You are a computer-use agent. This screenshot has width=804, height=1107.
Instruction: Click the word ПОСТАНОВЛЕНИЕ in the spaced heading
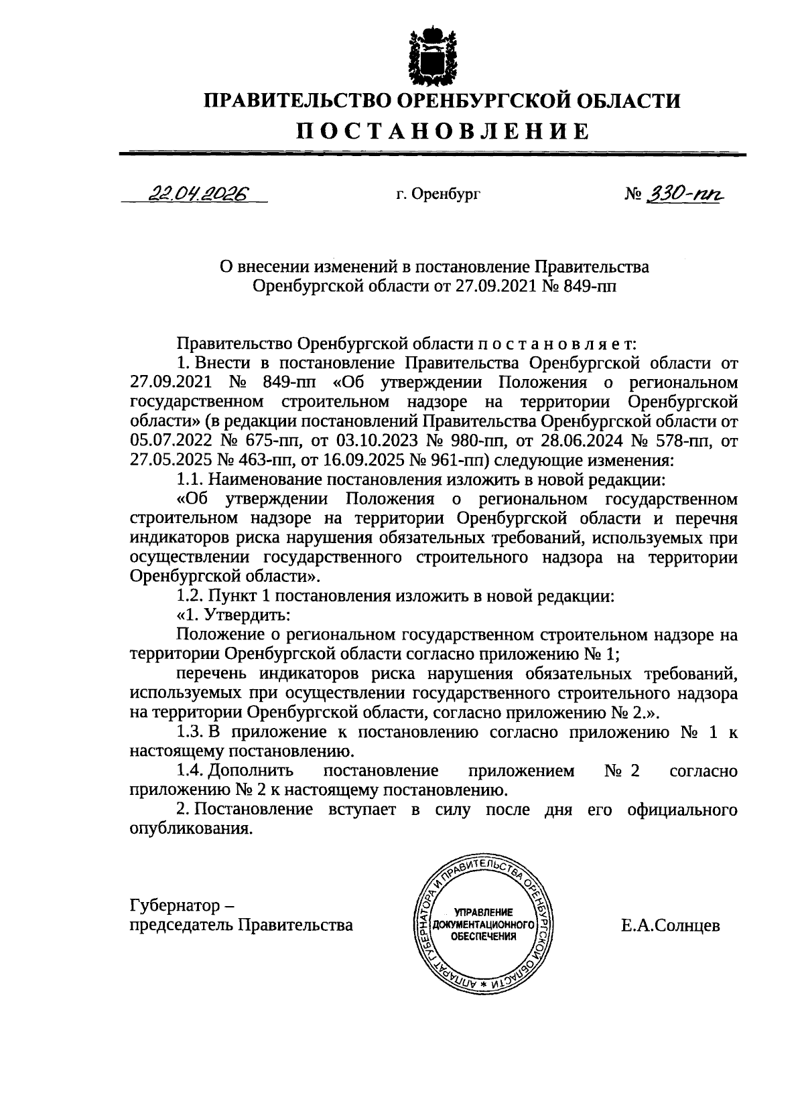442,131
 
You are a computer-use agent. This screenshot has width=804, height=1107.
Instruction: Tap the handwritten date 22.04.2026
198,194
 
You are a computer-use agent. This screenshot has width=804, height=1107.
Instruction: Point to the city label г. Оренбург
438,195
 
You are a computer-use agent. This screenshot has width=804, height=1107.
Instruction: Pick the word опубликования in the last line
191,828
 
